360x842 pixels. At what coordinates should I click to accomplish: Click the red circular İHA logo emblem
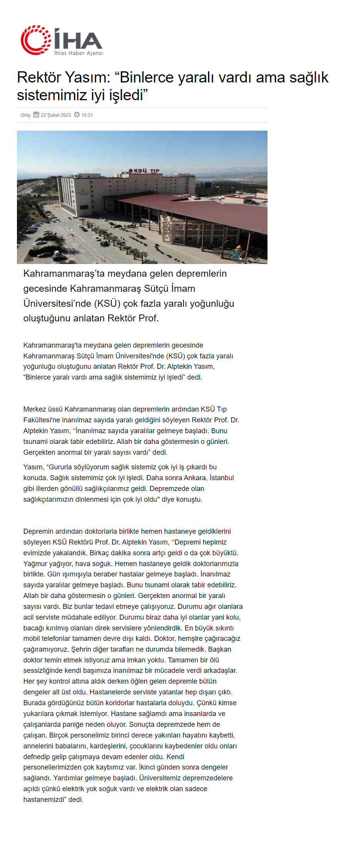(x=35, y=40)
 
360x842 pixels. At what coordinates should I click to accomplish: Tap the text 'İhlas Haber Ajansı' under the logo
(x=78, y=53)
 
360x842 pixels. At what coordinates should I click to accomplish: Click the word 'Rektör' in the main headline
(x=39, y=77)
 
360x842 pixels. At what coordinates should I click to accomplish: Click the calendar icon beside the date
(x=36, y=114)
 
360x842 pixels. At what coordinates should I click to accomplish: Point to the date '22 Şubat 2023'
(x=56, y=115)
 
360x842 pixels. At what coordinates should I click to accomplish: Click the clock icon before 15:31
(x=77, y=114)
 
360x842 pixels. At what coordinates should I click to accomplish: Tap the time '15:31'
(x=87, y=115)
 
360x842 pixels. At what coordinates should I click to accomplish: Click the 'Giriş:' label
(x=26, y=115)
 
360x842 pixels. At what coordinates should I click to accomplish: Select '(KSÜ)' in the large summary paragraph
(x=105, y=304)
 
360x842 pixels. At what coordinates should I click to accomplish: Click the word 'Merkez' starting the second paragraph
(x=34, y=409)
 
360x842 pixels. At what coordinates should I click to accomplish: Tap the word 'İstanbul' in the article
(x=222, y=478)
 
